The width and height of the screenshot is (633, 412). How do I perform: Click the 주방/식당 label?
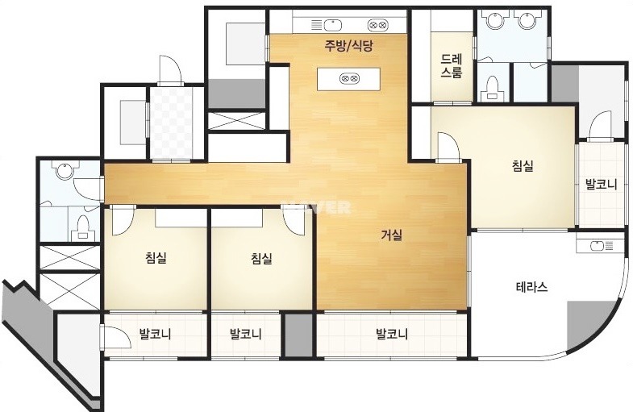tap(348, 46)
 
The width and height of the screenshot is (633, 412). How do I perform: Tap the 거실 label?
tap(392, 235)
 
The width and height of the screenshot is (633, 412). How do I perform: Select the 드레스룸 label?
tap(452, 66)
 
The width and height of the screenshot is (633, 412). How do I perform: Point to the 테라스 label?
tap(531, 287)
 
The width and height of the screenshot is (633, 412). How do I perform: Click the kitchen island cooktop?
tap(349, 78)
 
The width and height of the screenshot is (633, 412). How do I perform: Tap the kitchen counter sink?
tap(327, 26)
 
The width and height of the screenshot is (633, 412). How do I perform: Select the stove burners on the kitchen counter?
tap(378, 26)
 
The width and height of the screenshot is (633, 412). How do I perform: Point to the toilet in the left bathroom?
tap(84, 228)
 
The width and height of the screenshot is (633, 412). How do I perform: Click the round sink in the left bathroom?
tap(65, 170)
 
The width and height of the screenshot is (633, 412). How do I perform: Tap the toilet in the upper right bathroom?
tap(491, 88)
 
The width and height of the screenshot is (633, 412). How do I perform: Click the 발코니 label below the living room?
tap(392, 334)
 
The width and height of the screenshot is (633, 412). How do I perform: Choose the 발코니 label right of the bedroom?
tap(602, 185)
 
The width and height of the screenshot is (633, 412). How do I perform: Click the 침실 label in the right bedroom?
tap(523, 166)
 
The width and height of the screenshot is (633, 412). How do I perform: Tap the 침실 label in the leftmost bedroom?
tap(156, 258)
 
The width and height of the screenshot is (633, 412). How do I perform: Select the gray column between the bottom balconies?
tap(298, 335)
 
